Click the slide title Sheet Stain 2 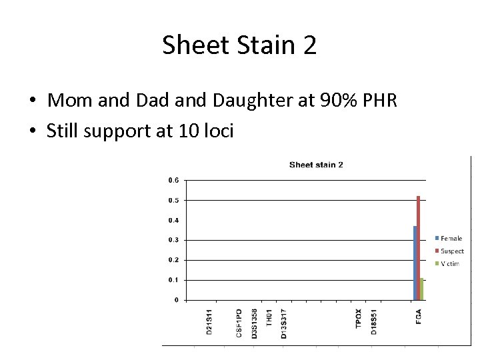point(239,45)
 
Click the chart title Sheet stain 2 point(316,165)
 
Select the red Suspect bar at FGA point(419,247)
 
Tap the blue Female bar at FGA point(415,263)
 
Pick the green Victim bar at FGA point(422,289)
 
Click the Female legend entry point(451,238)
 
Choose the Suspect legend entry point(452,251)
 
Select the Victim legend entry point(449,264)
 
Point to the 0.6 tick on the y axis point(173,180)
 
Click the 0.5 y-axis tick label point(173,200)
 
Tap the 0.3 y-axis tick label point(173,240)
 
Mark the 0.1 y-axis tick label point(173,280)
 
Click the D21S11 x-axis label point(210,322)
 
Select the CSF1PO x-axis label point(239,323)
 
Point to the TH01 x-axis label point(269,318)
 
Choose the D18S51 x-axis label point(374,322)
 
